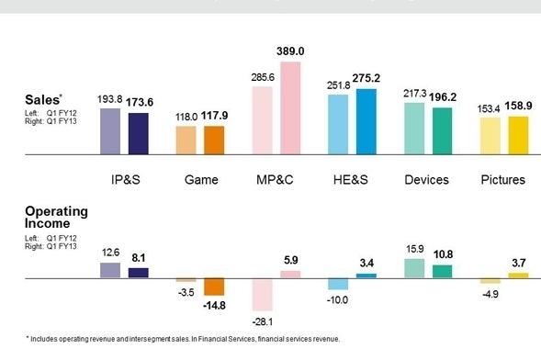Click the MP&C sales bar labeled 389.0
point(290,108)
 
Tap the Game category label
point(200,179)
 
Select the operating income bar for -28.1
point(263,294)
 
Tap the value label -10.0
point(338,299)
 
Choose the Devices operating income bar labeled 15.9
point(414,267)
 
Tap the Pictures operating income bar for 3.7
point(519,275)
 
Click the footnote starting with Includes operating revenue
point(184,338)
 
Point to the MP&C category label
point(276,179)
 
